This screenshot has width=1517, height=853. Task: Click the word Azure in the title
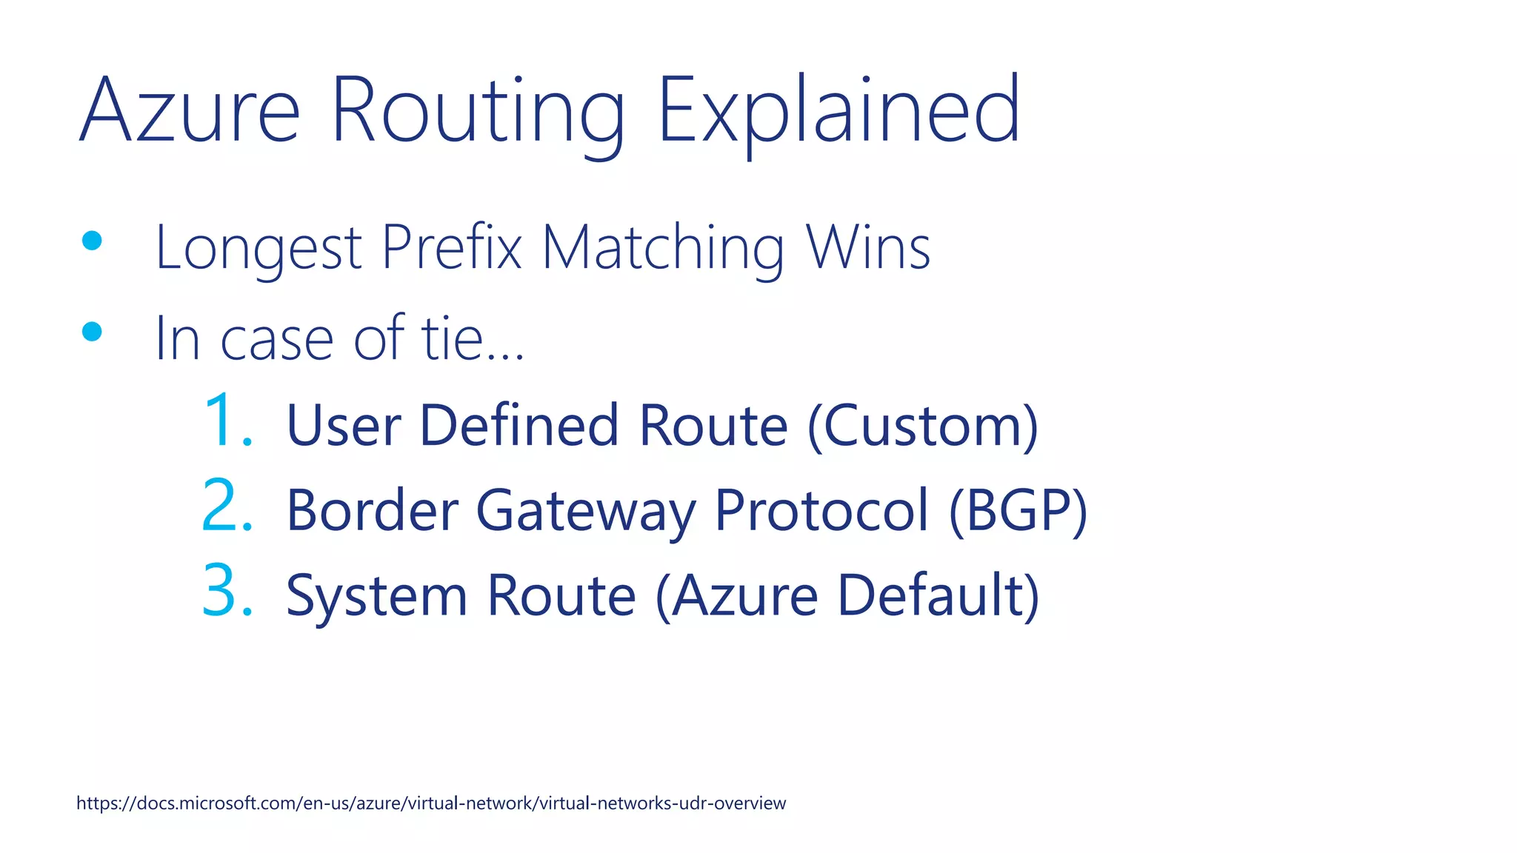(190, 111)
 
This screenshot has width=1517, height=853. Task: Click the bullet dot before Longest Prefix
(92, 241)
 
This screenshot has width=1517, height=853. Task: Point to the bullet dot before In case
(92, 332)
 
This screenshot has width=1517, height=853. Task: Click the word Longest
(259, 249)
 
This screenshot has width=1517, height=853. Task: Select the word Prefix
(452, 247)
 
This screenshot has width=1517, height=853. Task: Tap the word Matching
(663, 249)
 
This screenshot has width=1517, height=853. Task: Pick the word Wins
(868, 247)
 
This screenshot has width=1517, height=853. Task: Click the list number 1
(227, 421)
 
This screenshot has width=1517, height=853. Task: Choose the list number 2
(227, 506)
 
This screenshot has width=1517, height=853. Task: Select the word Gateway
(585, 511)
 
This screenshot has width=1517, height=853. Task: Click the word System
(376, 596)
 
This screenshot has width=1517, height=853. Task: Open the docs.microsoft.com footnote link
(431, 803)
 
